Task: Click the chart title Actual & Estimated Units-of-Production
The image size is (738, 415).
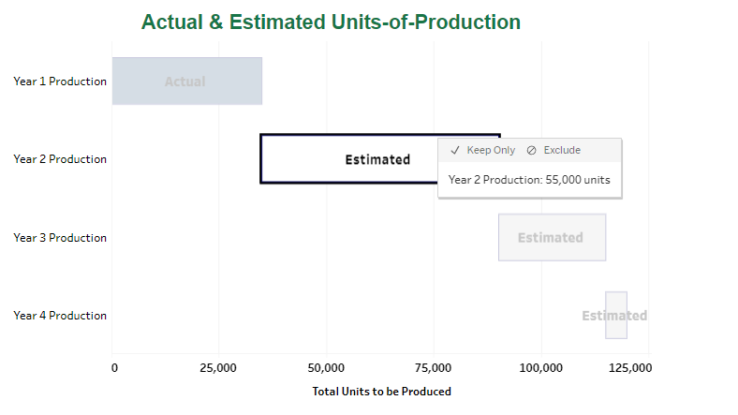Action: coord(331,22)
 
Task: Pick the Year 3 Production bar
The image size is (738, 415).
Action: coord(552,238)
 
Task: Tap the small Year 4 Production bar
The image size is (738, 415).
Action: coord(615,316)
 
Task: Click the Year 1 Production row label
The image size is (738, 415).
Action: coord(60,82)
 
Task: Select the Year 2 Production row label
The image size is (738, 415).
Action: coord(60,159)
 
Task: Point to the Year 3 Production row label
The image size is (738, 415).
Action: coord(60,238)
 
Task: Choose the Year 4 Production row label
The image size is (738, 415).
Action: coord(60,316)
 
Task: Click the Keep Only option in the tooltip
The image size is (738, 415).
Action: coord(483,150)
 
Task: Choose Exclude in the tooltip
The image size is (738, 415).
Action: coord(553,150)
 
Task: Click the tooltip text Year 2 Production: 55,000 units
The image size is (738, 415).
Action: coord(529,180)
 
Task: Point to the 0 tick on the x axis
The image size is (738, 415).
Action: coord(114,368)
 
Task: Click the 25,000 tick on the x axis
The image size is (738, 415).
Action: coord(219,368)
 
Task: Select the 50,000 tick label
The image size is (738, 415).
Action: coord(327,368)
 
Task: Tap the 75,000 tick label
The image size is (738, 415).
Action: coord(434,368)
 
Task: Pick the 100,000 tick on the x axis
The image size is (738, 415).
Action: coord(540,368)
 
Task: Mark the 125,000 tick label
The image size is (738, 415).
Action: coord(629,368)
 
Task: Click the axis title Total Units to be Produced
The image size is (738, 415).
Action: coord(381,392)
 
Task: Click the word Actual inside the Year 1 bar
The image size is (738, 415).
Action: coord(184,82)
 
